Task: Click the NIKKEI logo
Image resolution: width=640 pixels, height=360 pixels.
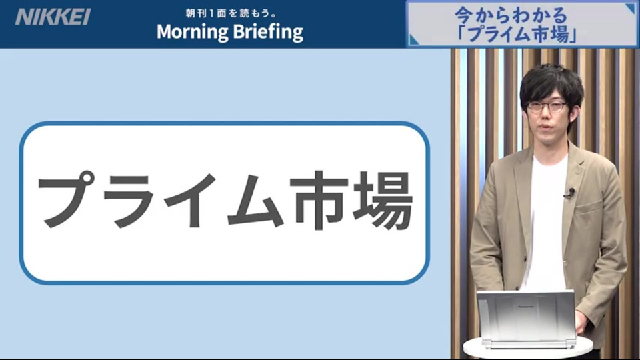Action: coord(53,17)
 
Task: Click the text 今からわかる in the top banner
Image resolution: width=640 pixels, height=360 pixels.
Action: coord(511,15)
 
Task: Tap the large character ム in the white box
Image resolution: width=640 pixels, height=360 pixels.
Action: coord(255,200)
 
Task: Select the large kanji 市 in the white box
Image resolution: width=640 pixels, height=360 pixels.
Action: coord(319,200)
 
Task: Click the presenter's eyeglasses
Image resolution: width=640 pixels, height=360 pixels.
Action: coord(547,107)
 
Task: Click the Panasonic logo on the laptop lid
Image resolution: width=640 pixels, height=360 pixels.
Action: coord(526,307)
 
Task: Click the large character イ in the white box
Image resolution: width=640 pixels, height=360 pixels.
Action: coord(191,200)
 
